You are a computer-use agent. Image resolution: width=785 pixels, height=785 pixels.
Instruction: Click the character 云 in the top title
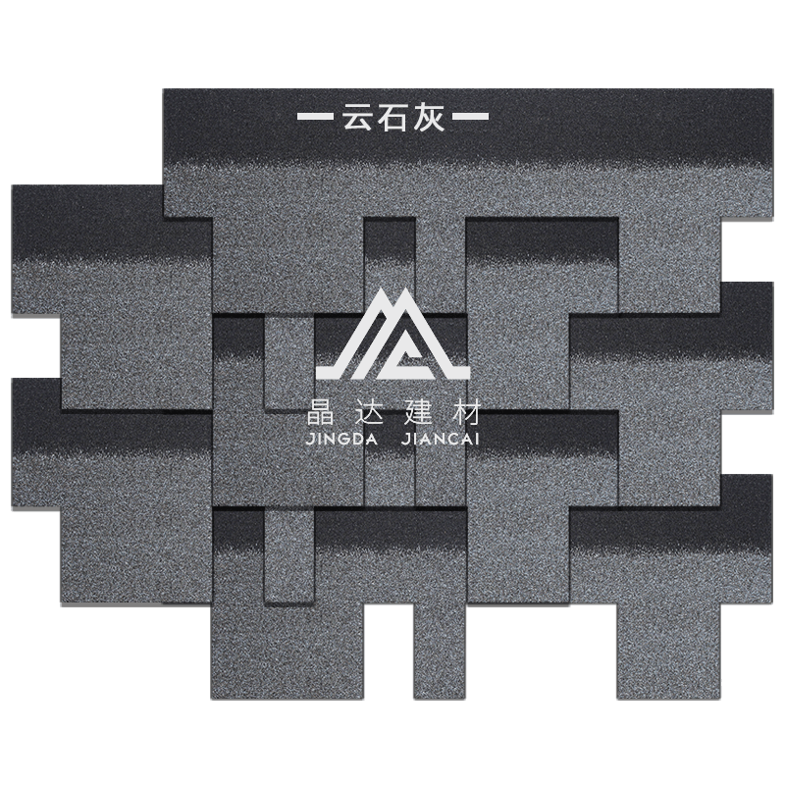357,117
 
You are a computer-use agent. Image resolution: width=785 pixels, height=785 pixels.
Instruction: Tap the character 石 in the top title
393,117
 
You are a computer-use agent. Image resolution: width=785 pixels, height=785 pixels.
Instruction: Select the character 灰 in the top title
430,117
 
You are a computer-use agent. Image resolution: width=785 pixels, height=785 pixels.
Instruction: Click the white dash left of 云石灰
315,117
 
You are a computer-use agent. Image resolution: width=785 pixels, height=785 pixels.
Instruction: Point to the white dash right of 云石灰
471,117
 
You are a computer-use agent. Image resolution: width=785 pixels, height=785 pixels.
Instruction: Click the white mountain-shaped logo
393,334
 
